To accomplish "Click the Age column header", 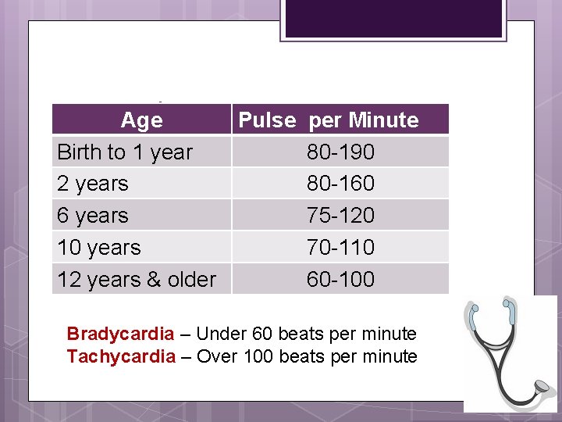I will tap(141, 120).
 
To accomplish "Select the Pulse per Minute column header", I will tap(328, 120).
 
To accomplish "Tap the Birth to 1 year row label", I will tap(125, 152).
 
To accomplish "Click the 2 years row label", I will tap(93, 184).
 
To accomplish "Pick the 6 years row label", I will tap(93, 216).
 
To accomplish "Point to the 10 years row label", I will tap(99, 248).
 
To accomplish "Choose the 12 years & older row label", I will tap(137, 280).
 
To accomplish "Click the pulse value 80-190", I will tap(340, 152).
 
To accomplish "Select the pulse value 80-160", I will tap(340, 184).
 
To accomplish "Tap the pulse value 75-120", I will tap(340, 216).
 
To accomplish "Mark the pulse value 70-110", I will tap(340, 248).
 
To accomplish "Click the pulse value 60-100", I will tap(340, 280).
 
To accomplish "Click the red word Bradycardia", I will tap(120, 334).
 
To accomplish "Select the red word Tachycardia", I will tap(121, 357).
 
